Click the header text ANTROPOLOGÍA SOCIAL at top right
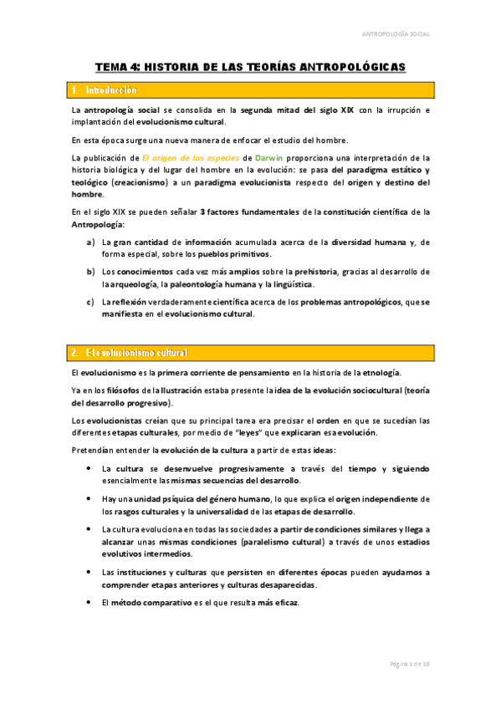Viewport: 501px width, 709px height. click(395, 34)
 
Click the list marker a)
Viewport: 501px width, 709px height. click(90, 242)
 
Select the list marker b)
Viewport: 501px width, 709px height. click(90, 272)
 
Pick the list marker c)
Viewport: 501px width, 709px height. click(90, 301)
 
